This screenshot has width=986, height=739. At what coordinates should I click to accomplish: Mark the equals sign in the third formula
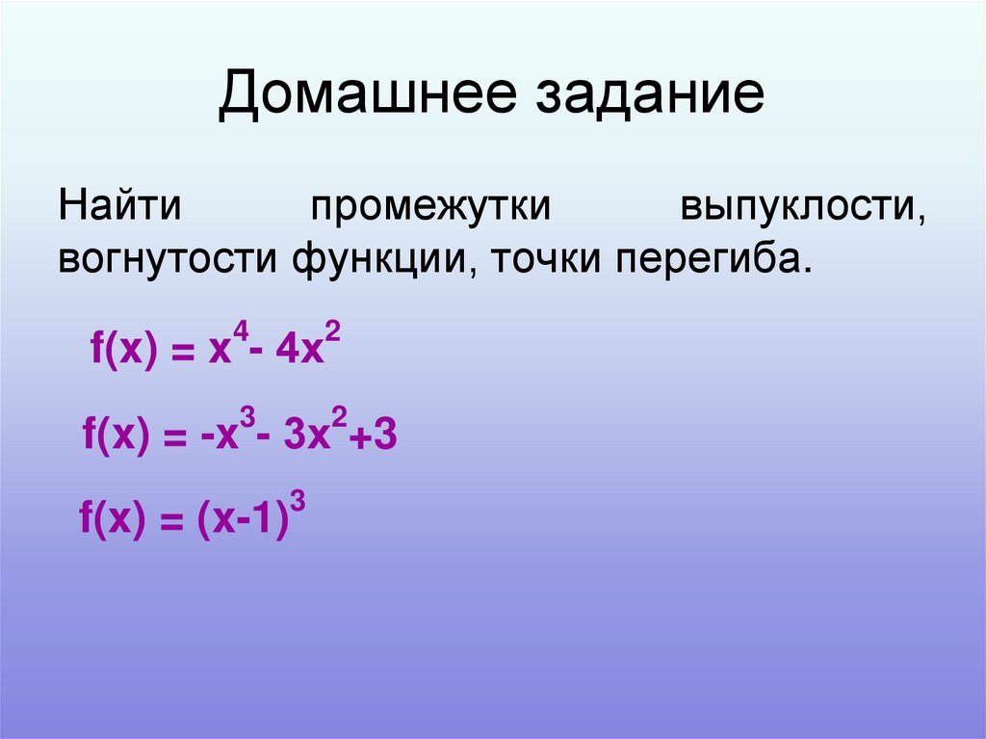click(170, 526)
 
